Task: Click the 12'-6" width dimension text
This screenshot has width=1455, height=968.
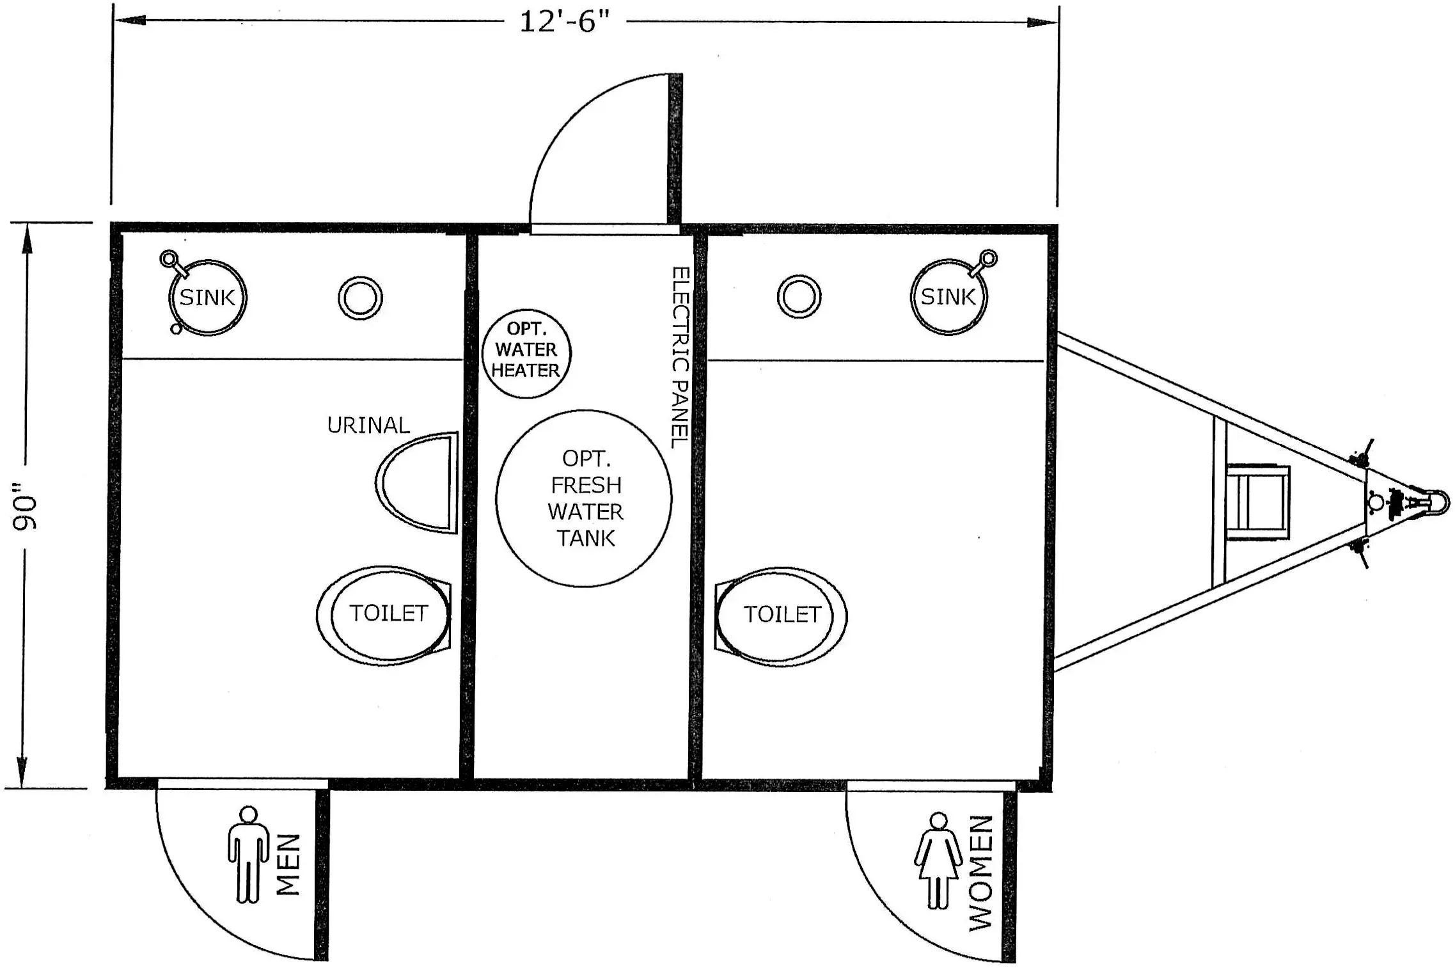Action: point(564,22)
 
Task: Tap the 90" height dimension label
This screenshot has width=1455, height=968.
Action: point(26,506)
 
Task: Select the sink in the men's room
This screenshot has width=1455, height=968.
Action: point(207,297)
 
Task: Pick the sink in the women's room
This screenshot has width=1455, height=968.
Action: point(948,296)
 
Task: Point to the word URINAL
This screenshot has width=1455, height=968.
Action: point(368,425)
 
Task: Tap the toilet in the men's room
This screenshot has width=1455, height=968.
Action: point(384,614)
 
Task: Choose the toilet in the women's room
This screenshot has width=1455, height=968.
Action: point(781,615)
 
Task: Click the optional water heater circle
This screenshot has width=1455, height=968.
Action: point(526,353)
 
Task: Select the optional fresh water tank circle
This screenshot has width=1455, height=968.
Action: point(584,498)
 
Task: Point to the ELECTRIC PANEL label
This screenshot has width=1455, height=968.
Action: point(680,357)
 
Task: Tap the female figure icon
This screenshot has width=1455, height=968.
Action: point(938,860)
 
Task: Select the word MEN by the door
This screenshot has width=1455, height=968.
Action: point(288,864)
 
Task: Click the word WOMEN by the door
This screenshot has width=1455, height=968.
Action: point(981,873)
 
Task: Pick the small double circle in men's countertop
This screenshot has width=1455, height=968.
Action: point(360,298)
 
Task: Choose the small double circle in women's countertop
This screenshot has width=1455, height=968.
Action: point(799,297)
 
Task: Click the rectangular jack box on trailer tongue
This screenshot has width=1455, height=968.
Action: point(1257,502)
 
